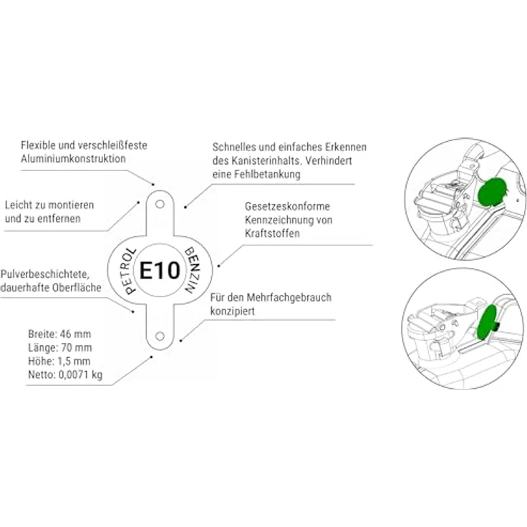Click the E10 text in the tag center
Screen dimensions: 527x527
coord(160,270)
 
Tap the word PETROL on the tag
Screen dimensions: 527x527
coord(128,271)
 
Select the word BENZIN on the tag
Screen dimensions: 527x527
coord(192,270)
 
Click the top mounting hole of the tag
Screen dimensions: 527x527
coord(160,204)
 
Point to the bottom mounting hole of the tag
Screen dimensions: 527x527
coord(160,336)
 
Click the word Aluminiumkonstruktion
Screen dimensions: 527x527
coord(73,159)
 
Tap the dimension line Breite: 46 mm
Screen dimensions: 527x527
coord(59,334)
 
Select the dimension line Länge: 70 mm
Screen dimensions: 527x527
coord(60,347)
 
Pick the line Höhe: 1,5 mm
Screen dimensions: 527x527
coord(59,362)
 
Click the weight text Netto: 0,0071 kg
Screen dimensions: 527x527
coord(65,374)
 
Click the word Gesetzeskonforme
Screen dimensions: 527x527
coord(287,206)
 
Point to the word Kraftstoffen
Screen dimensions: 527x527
coord(272,233)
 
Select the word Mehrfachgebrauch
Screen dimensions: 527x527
coord(289,298)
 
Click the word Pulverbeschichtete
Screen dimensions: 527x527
coord(45,274)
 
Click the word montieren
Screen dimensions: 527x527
coord(70,205)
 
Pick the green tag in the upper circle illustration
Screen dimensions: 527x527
coord(492,190)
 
